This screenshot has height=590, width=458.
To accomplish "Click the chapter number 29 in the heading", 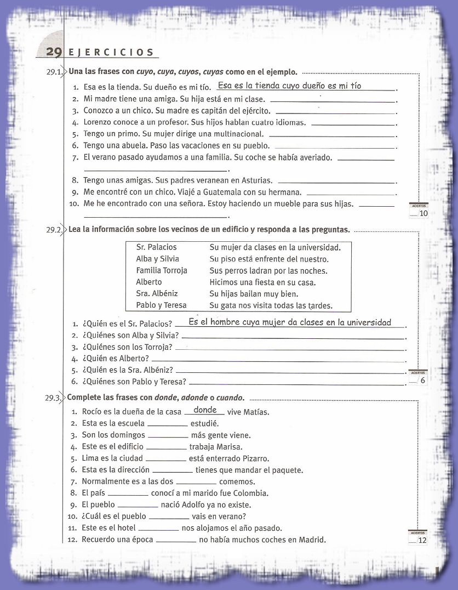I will coord(53,52).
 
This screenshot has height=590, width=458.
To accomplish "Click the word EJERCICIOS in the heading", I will coord(111,53).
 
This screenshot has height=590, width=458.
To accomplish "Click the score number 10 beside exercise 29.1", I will coord(422,214).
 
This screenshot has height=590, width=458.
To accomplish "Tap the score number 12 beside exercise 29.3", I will coord(422,541).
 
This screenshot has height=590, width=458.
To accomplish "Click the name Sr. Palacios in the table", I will coord(156,247).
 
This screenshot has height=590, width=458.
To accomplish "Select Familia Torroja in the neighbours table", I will coord(162,270).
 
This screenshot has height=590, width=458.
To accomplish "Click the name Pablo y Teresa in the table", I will coord(161,305).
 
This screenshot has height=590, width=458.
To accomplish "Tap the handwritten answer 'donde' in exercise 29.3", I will coord(205,410).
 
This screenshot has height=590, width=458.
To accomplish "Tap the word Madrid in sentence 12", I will coord(312,540).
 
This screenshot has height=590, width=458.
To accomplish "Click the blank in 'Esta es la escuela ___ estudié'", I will coord(168,424).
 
